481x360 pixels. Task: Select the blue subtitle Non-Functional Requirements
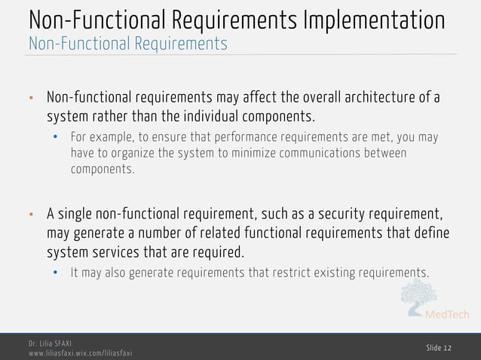(x=127, y=44)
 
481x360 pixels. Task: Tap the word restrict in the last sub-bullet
(x=271, y=272)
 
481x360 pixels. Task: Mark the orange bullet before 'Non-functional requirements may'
(x=32, y=99)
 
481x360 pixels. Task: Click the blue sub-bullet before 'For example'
(x=55, y=139)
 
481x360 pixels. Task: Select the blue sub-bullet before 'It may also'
(x=55, y=273)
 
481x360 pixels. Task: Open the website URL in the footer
(x=80, y=352)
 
